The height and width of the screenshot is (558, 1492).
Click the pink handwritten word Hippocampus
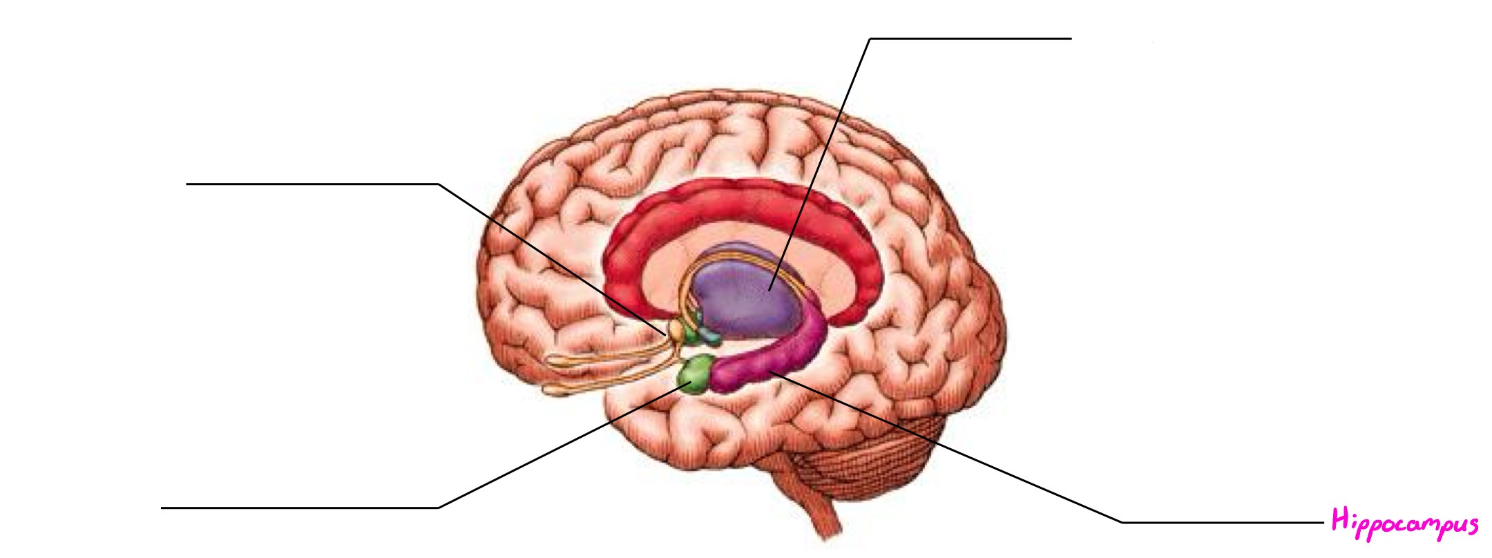coord(1404,522)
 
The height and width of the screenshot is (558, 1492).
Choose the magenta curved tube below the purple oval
coord(774,363)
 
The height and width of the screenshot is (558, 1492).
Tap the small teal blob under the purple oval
coord(709,337)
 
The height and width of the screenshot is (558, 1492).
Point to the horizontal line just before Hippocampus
coord(1223,523)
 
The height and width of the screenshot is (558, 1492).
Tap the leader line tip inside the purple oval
coord(769,289)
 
